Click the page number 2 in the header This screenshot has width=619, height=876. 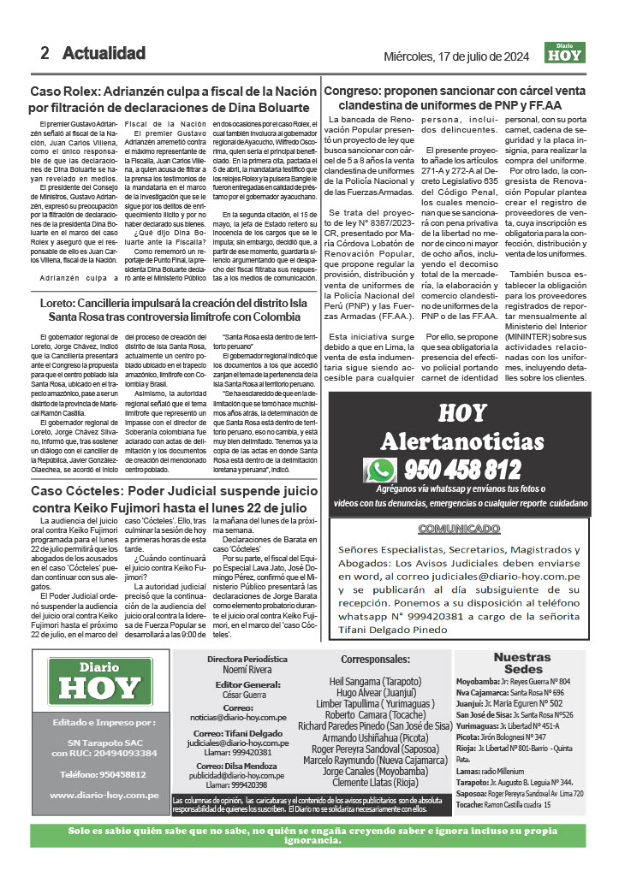45,53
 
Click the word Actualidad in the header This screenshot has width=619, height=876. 104,53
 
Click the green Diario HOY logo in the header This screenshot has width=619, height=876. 564,53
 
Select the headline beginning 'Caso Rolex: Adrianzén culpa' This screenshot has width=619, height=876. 170,99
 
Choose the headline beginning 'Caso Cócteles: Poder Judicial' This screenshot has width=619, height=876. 170,500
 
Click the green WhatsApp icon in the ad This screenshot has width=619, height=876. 379,470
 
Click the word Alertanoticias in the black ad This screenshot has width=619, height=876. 461,441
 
